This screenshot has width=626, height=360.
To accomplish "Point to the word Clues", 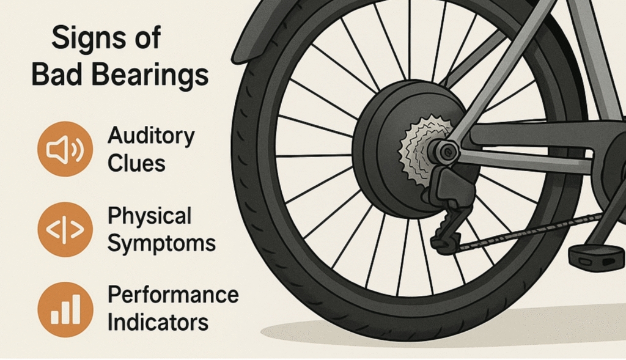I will (136, 163).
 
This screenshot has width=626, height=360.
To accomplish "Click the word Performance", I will (173, 295).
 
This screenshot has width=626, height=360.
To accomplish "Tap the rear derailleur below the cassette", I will (450, 202).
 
